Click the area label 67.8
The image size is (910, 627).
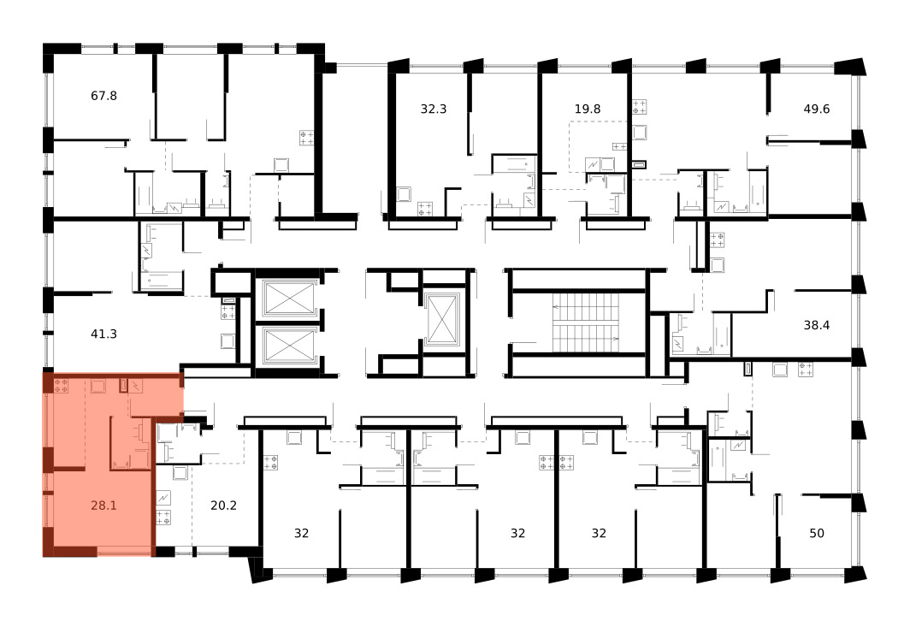click(103, 96)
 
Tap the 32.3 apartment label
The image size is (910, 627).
click(434, 109)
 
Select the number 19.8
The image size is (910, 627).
click(588, 109)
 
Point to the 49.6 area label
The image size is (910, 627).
click(817, 109)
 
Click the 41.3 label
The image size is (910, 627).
click(103, 334)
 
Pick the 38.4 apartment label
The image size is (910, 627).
click(817, 325)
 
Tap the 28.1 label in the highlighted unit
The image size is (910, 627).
click(103, 506)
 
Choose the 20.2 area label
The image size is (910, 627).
click(223, 506)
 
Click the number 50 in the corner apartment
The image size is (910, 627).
click(817, 533)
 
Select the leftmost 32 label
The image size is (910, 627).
click(301, 533)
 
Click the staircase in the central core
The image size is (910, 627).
click(586, 322)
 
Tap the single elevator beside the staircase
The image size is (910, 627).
click(442, 320)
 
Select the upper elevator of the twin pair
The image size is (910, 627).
click(288, 299)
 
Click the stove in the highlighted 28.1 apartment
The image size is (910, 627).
click(61, 386)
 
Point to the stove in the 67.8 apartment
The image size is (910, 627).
click(307, 138)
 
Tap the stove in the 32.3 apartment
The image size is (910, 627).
click(425, 209)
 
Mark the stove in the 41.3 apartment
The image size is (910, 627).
click(228, 312)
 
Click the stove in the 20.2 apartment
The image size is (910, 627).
click(163, 518)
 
